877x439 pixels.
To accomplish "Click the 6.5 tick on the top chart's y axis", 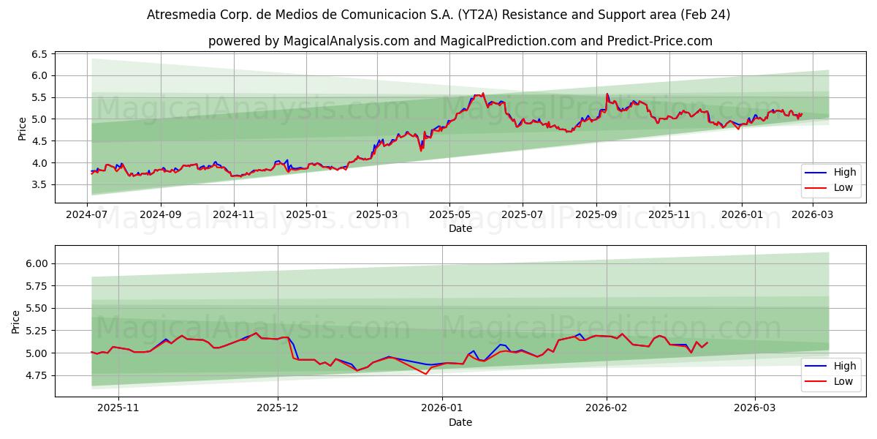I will tap(39, 54).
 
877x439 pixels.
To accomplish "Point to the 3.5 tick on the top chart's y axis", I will tap(39, 184).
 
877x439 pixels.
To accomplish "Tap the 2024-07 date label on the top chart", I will tap(88, 214).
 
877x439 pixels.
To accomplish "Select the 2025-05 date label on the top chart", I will tap(449, 214).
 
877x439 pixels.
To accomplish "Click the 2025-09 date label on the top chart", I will tap(596, 214).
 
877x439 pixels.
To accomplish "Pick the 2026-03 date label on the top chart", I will tap(813, 214).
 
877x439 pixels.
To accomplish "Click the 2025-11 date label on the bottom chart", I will tap(118, 408).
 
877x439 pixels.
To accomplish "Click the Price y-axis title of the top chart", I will tap(22, 129).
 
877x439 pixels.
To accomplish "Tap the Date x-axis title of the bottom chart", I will tap(460, 422).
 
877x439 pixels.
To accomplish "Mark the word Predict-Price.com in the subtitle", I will tap(659, 41).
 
